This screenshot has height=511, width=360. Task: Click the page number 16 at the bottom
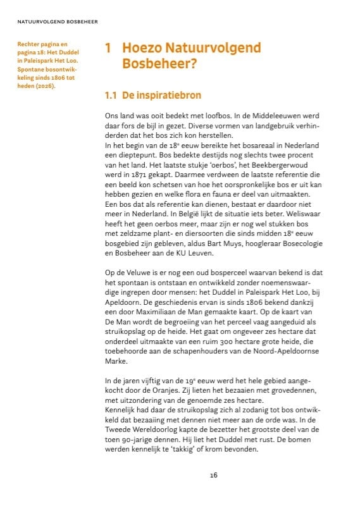[214, 476]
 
